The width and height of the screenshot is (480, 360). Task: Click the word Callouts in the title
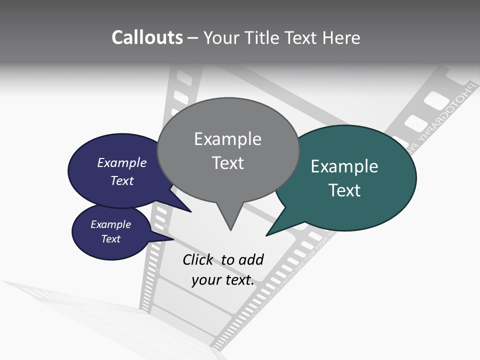click(147, 37)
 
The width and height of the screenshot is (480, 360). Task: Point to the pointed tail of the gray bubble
click(230, 225)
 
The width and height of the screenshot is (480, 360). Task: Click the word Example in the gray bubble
click(227, 139)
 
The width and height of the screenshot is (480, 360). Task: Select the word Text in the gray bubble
click(227, 163)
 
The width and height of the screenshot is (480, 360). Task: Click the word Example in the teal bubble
click(344, 166)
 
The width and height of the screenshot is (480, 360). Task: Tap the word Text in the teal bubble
click(344, 190)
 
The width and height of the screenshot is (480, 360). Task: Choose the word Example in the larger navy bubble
click(121, 163)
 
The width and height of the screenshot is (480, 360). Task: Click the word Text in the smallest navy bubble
click(110, 239)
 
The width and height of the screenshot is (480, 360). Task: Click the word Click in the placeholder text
click(197, 260)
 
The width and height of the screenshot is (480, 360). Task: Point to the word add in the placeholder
click(250, 260)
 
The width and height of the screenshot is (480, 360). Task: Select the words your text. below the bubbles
click(222, 280)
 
